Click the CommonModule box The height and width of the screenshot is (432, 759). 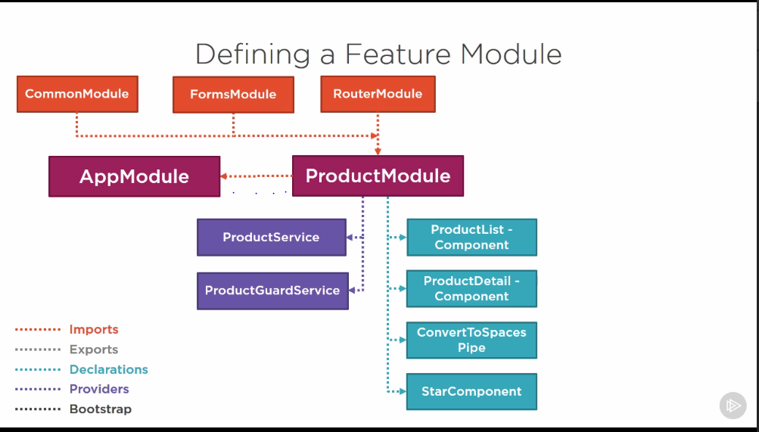(x=77, y=94)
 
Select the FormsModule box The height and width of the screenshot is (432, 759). (x=233, y=95)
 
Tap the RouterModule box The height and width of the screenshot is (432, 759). (x=378, y=94)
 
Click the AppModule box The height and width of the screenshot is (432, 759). (x=135, y=176)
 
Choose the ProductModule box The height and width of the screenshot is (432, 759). (x=378, y=176)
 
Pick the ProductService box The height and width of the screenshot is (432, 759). (x=272, y=237)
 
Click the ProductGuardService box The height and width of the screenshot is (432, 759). (x=272, y=291)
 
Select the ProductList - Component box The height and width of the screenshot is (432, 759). (x=472, y=237)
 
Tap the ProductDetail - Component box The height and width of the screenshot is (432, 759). (x=472, y=289)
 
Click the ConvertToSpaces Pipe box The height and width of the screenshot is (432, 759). (x=472, y=340)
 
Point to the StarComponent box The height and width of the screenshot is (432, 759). (x=472, y=391)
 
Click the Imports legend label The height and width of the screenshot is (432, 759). (x=94, y=329)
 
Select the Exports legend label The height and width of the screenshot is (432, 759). (x=94, y=350)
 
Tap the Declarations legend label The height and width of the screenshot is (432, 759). (x=109, y=370)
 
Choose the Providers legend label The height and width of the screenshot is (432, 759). (x=99, y=390)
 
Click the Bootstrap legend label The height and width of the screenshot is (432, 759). (x=101, y=409)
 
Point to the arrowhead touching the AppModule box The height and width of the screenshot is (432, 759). (x=224, y=176)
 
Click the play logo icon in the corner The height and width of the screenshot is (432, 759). (x=733, y=406)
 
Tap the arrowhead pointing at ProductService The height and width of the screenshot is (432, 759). (x=350, y=237)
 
